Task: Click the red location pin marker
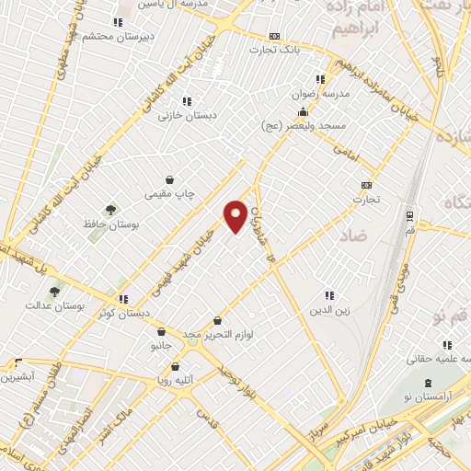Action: [x=235, y=216]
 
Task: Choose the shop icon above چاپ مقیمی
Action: [x=169, y=180]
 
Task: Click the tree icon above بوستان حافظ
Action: [x=110, y=211]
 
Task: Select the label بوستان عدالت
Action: [x=54, y=304]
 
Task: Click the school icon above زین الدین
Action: [x=328, y=294]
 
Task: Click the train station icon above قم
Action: [x=408, y=217]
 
